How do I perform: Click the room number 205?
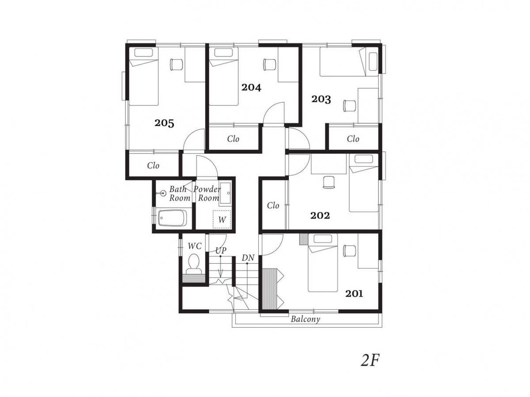pos(164,123)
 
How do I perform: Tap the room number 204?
pos(251,87)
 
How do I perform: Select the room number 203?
pos(321,99)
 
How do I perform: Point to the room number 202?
pos(320,215)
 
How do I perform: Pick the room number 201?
pos(354,294)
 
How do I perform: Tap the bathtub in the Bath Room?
pos(172,218)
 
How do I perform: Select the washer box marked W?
pos(222,219)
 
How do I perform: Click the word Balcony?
pos(305,319)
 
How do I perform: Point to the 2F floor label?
pos(370,366)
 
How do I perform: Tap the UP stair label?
pos(221,251)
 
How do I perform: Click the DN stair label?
pos(248,258)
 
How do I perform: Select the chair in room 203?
pos(349,106)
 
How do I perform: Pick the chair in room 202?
pos(329,182)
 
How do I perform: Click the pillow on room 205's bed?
pos(144,52)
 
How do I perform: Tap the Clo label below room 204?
pos(233,139)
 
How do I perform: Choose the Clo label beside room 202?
pos(273,206)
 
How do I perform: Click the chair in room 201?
pos(349,251)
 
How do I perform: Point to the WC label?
pos(195,246)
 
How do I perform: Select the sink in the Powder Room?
pos(225,193)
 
